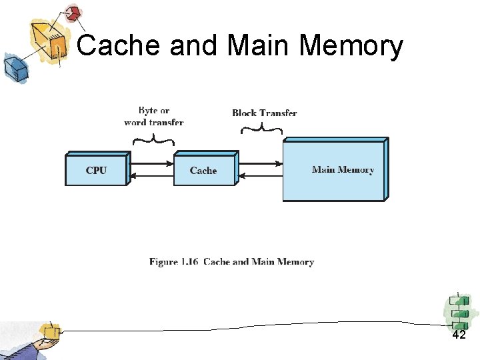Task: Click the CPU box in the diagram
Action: coord(96,170)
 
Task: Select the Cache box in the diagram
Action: coord(203,170)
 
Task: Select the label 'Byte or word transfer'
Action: coord(154,117)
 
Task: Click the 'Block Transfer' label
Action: coord(265,113)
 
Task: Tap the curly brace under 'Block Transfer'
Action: coord(261,129)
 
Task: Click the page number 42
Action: coord(459,335)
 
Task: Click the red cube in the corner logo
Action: coord(72,13)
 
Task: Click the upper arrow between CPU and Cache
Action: coord(151,163)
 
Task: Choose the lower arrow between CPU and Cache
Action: coord(151,176)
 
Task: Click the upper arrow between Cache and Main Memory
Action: coord(260,163)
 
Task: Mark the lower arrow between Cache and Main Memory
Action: coord(260,176)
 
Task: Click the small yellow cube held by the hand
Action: coord(49,331)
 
